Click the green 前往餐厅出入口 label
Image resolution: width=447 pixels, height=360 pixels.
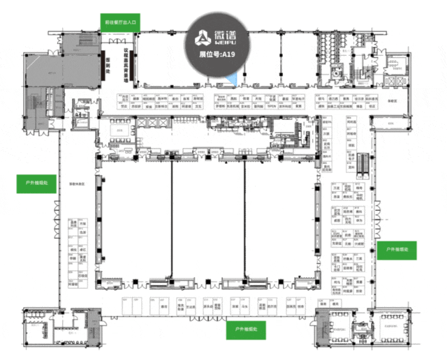120,23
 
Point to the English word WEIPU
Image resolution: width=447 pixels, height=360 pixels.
228,45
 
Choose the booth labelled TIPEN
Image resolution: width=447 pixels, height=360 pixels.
268,107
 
